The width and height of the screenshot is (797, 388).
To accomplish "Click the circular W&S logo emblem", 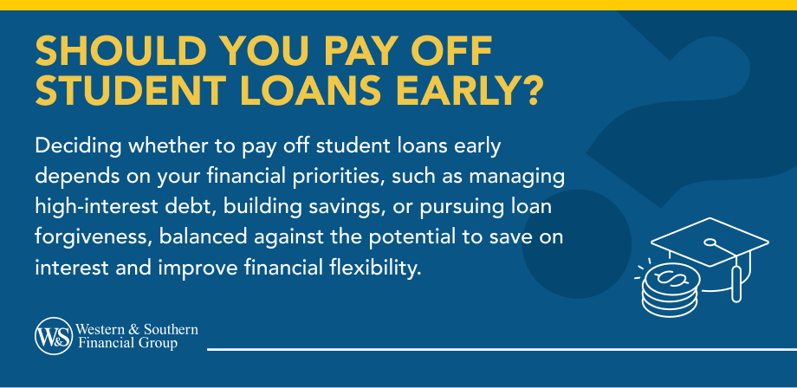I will pos(53,337).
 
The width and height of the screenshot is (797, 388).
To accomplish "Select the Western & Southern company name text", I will pos(138,337).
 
